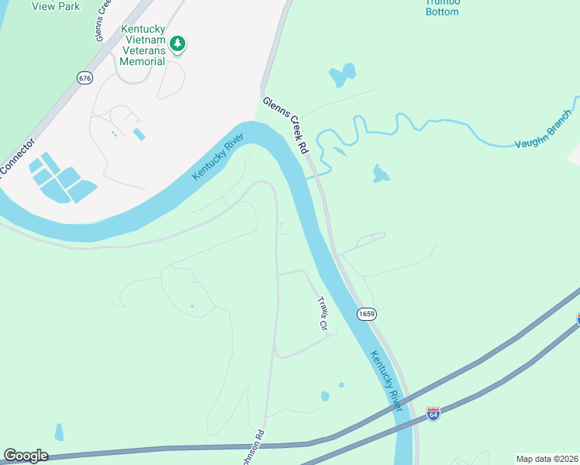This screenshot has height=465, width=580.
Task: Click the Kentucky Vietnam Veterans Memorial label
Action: click(x=143, y=45)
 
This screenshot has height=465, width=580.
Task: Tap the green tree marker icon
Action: click(x=178, y=44)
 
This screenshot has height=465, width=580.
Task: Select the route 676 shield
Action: click(x=85, y=77)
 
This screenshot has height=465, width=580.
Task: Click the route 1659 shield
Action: click(x=367, y=314)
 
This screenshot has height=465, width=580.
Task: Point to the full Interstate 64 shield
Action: click(x=433, y=415)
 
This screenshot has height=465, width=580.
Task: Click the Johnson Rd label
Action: click(x=253, y=449)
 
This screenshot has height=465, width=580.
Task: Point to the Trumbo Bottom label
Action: click(x=442, y=7)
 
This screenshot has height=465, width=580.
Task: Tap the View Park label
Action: click(x=57, y=5)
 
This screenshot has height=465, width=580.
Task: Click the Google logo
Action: click(x=26, y=456)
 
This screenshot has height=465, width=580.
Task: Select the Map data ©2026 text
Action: click(x=547, y=459)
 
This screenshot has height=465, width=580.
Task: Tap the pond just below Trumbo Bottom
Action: click(x=342, y=76)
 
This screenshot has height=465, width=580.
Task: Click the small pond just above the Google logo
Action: click(x=59, y=432)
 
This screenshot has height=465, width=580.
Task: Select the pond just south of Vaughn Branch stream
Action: click(x=379, y=174)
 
